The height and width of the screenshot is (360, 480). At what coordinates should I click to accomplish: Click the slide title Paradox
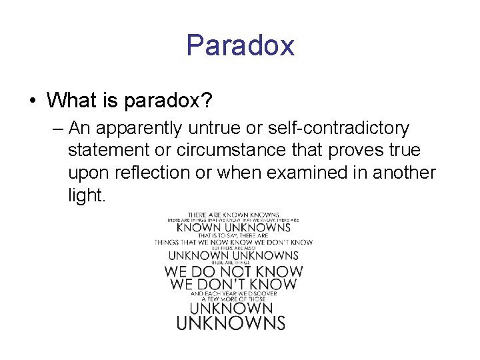(240, 45)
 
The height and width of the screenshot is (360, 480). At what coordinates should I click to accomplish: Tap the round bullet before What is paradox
(32, 101)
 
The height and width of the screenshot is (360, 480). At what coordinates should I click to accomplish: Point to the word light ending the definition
(86, 195)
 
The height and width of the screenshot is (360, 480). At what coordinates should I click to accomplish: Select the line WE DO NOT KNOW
(233, 271)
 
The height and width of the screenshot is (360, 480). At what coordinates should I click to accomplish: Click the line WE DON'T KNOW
(233, 285)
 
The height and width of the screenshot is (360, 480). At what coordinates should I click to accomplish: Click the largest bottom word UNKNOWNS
(231, 323)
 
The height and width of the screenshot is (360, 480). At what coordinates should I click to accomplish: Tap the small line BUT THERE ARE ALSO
(233, 248)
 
